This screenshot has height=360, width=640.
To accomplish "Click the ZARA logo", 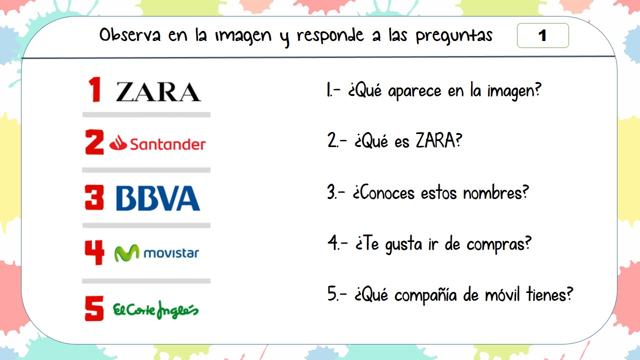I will pyautogui.click(x=158, y=92).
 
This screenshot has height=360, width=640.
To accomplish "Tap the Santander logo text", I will pyautogui.click(x=167, y=144).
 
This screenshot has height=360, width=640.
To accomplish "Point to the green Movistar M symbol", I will pyautogui.click(x=127, y=253).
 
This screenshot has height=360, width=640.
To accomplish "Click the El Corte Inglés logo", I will pyautogui.click(x=155, y=309).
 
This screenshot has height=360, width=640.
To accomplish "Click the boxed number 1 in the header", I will pyautogui.click(x=542, y=35).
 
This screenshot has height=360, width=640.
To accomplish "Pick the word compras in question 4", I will pyautogui.click(x=498, y=244).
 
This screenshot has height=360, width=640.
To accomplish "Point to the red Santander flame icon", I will pyautogui.click(x=118, y=144).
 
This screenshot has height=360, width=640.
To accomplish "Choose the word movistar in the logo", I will pyautogui.click(x=171, y=253).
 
